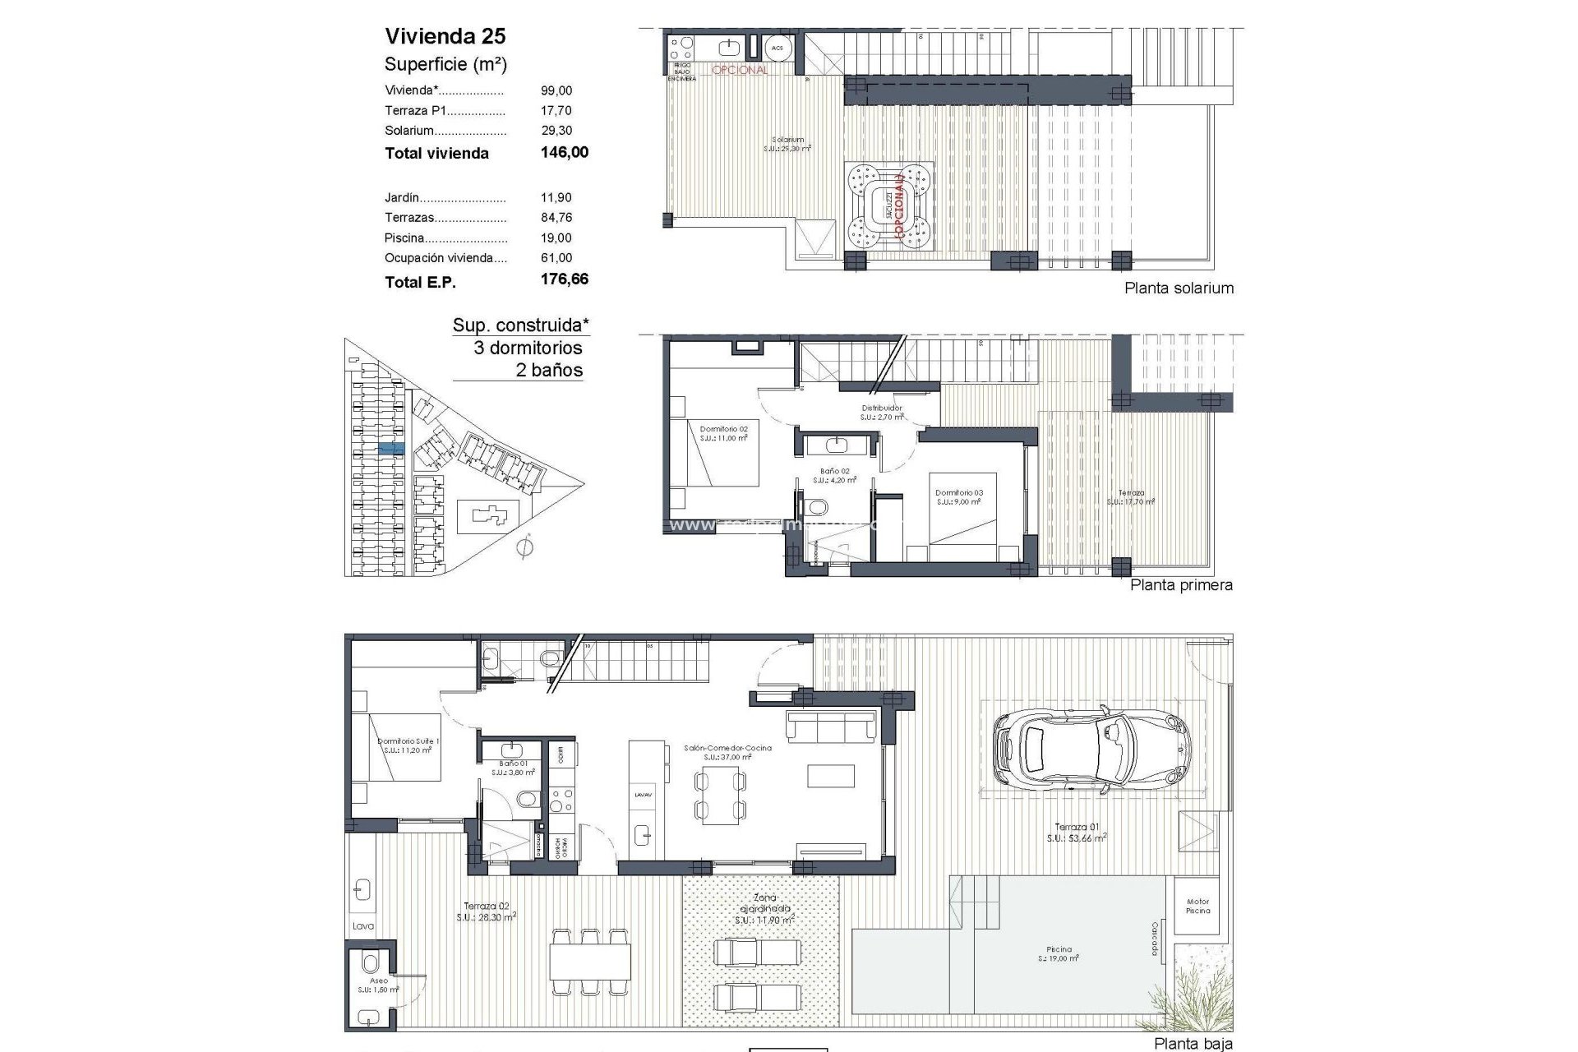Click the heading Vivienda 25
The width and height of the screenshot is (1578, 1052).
(445, 36)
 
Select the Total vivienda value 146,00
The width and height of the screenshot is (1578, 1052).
(564, 152)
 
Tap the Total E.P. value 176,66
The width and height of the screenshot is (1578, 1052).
(564, 279)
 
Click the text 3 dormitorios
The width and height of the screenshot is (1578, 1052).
(528, 348)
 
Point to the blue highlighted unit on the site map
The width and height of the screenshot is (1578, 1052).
(391, 448)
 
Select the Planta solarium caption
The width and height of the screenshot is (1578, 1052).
(1179, 288)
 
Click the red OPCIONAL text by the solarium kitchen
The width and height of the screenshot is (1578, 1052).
(740, 70)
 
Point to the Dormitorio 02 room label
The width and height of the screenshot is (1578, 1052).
(724, 429)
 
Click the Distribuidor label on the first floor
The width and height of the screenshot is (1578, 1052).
(882, 408)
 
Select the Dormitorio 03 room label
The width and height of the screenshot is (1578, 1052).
(958, 493)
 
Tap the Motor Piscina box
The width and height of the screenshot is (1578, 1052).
(1197, 906)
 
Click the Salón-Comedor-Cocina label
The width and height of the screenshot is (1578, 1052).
(727, 749)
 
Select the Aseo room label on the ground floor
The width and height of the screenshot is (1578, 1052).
(378, 981)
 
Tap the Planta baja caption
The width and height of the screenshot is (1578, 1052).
(1193, 1044)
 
